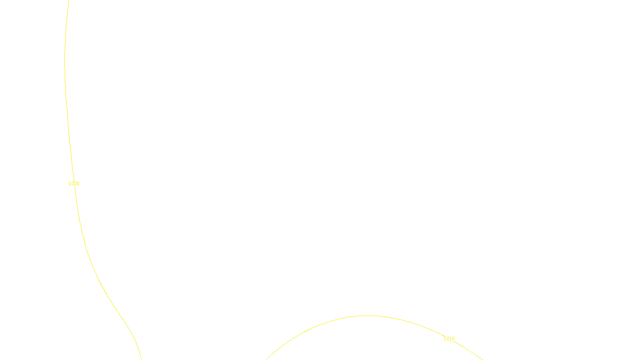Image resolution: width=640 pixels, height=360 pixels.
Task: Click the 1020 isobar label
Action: point(74,184)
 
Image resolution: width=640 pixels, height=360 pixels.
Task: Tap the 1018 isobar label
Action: point(449,339)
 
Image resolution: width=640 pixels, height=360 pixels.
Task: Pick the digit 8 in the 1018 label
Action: point(453,339)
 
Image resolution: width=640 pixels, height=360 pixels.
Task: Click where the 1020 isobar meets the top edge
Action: point(68,1)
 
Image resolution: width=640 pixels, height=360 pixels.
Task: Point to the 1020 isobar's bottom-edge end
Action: point(142,359)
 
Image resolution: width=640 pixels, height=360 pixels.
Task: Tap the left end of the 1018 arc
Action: point(266,359)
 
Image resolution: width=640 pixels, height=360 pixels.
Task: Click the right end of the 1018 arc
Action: point(482,359)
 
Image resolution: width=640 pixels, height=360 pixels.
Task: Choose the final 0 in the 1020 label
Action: point(78,184)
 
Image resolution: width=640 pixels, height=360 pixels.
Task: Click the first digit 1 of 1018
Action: point(445,339)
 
